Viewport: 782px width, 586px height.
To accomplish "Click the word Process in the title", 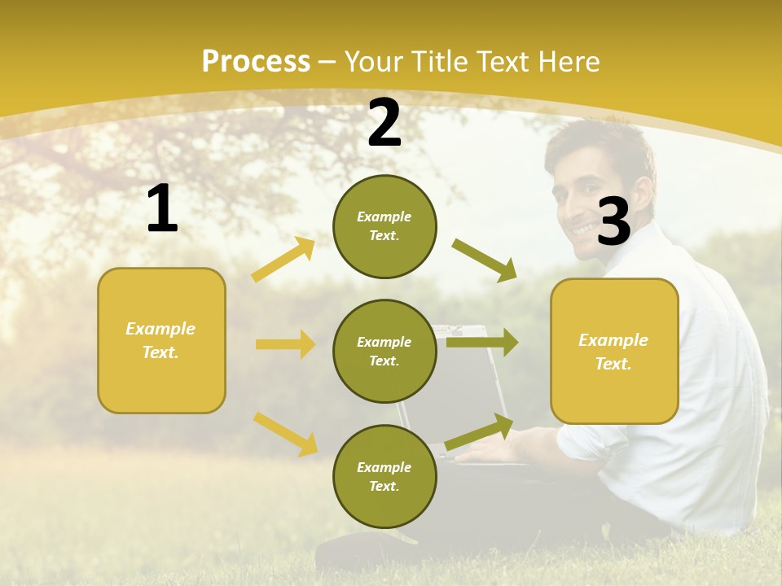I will coord(256,62).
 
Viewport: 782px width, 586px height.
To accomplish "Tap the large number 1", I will coord(162,209).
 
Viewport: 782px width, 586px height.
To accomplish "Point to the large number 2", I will coord(384,123).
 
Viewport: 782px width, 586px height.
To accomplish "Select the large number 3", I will coord(613,221).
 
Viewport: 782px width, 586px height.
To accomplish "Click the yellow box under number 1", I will coord(161,340).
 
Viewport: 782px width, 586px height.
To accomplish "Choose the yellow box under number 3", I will coord(614,351).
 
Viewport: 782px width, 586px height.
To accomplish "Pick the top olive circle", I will coord(384,226).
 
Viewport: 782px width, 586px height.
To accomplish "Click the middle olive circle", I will coord(384,351).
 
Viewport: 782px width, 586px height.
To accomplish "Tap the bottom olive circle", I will coord(384,476).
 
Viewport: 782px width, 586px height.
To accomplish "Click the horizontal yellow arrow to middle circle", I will coord(285,344).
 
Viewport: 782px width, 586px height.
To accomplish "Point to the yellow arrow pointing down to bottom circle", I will coord(285,434).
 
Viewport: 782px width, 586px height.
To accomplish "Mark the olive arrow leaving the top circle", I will coord(485,260).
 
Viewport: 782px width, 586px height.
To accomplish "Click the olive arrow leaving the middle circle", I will coord(482,342).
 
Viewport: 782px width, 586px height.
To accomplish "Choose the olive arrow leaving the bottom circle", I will coord(479,432).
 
